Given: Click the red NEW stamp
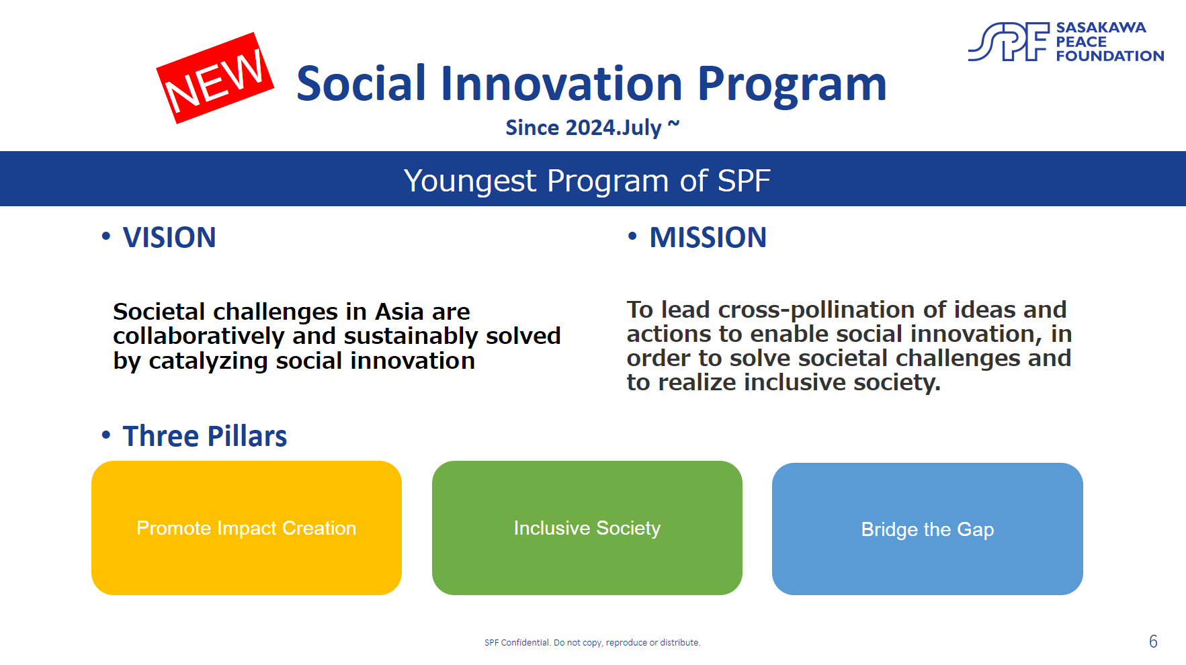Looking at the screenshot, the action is point(215,78).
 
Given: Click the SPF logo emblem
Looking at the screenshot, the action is point(1009,42).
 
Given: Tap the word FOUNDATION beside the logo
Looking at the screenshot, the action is point(1110,56).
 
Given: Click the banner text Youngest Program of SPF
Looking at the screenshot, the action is point(587,181).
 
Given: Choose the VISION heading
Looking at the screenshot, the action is point(169,238).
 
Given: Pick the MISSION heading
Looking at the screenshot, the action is point(708,238).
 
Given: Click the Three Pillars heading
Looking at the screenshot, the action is point(205,437).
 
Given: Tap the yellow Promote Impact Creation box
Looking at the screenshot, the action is point(247,528).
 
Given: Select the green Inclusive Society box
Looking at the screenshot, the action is point(587,528).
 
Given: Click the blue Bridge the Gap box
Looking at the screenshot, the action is point(927,529).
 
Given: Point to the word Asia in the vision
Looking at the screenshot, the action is point(400,312).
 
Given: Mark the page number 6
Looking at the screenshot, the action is point(1153,641).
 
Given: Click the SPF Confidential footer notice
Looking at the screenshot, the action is point(593,643).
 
